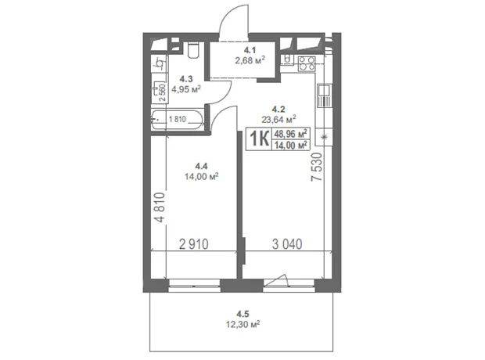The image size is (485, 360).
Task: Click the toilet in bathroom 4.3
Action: coord(194,50)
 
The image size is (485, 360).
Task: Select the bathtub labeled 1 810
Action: coord(177,120)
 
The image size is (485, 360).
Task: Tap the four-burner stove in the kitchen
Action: coord(307,63)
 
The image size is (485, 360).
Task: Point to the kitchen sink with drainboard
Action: coord(324,95)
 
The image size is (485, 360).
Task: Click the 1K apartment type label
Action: coord(259,139)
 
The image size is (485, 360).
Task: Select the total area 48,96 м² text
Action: coord(290,134)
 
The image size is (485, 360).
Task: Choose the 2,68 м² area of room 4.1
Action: coord(250,60)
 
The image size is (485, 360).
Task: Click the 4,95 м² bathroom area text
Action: coord(186,89)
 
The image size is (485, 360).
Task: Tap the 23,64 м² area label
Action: coord(278,119)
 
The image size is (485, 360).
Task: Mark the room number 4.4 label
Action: coord(201,167)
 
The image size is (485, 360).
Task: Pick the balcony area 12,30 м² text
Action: coord(242,325)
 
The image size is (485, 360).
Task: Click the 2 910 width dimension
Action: coord(194,244)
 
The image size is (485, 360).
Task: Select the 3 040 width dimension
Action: coord(287,244)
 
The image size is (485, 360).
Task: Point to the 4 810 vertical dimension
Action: coord(160,207)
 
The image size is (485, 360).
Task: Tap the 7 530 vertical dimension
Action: coord(317,167)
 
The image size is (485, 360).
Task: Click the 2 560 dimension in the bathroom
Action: coord(163,93)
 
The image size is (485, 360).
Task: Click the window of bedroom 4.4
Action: coord(194,286)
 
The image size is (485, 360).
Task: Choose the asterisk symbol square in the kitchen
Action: coord(324,137)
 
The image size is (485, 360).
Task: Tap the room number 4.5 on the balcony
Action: coord(242,315)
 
